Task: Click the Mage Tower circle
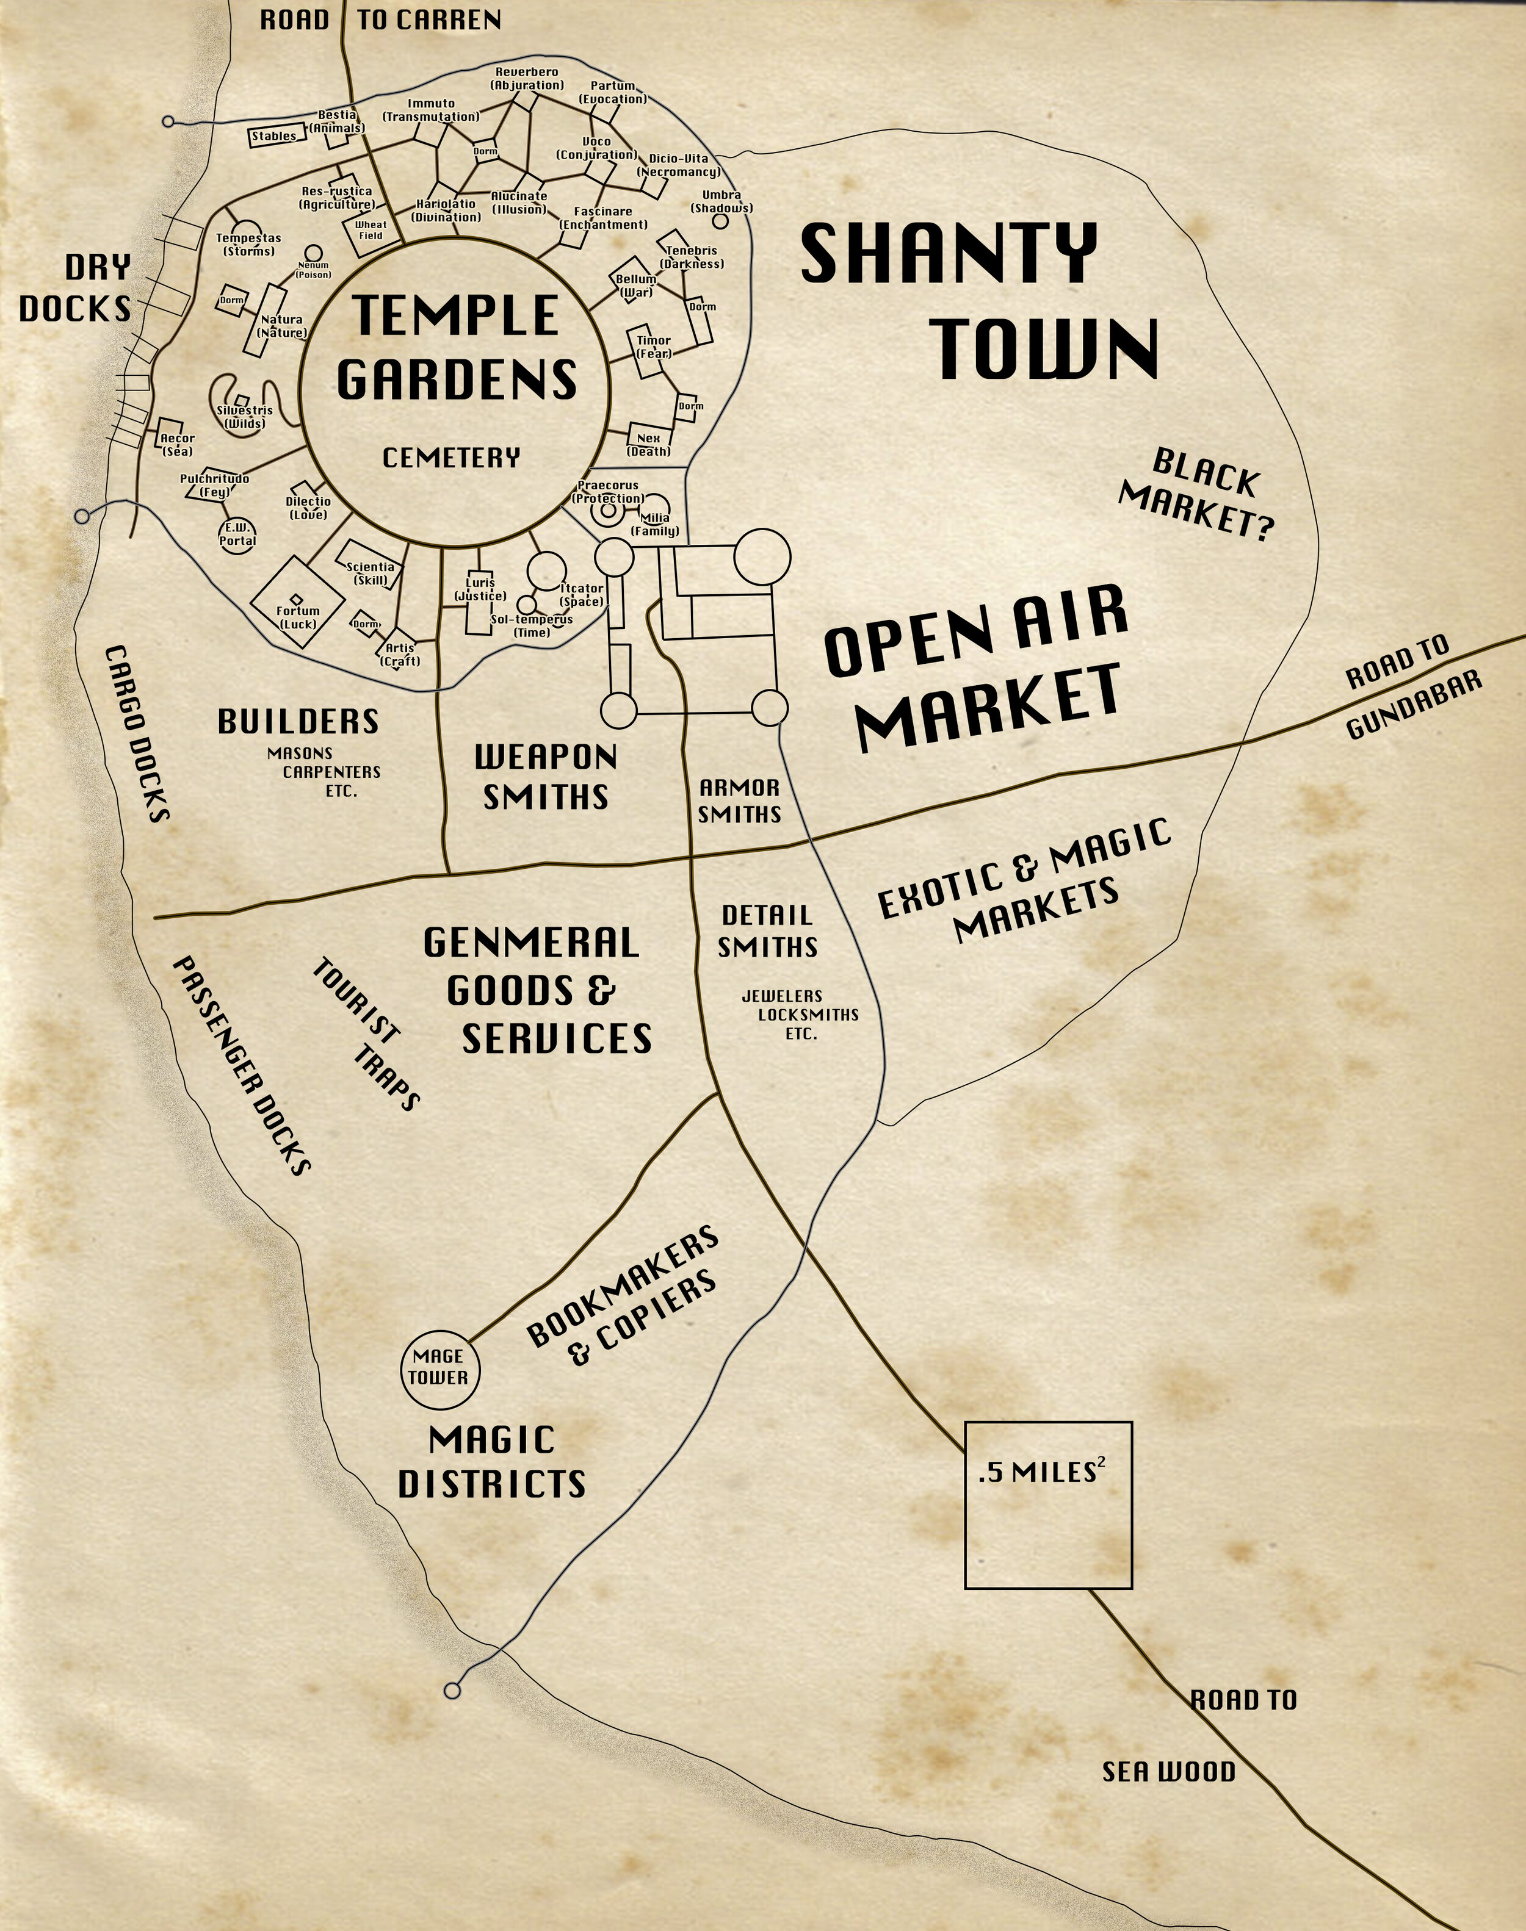click(438, 1367)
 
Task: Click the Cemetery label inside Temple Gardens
click(450, 458)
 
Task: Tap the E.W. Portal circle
click(237, 534)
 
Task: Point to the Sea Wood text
click(1168, 1772)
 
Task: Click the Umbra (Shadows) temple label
click(721, 202)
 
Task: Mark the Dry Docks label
click(76, 287)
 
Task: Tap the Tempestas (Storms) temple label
click(248, 245)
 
